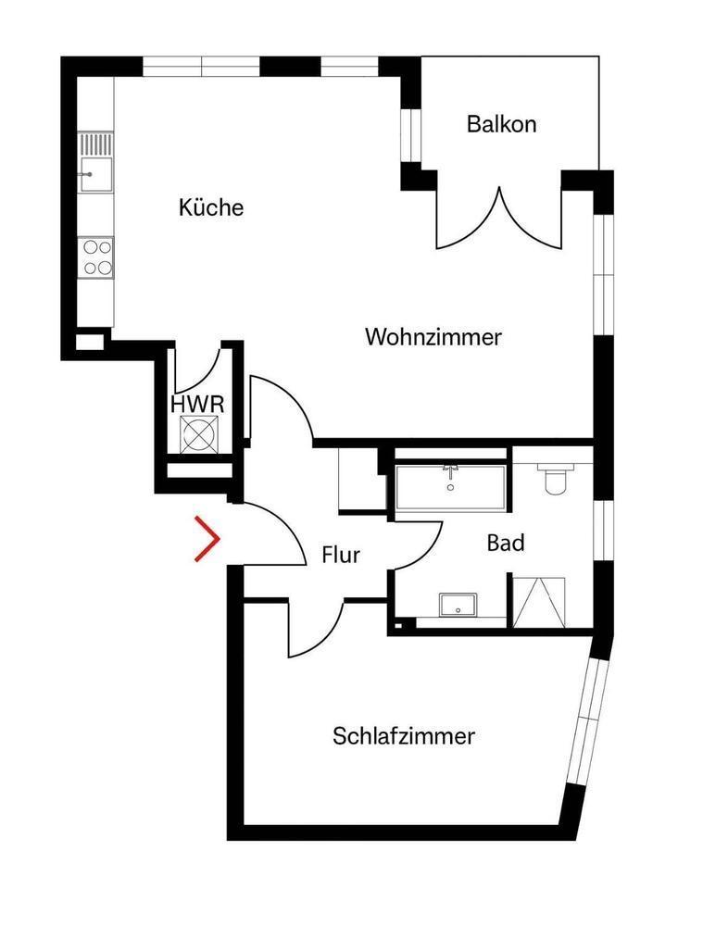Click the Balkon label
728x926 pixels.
click(x=501, y=124)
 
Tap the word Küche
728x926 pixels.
click(x=211, y=207)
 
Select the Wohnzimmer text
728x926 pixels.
click(x=433, y=337)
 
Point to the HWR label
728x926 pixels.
click(x=197, y=405)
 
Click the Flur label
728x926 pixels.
click(x=341, y=555)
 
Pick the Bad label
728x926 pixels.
click(x=506, y=543)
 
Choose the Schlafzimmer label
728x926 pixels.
click(x=404, y=736)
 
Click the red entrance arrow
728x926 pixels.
click(x=208, y=538)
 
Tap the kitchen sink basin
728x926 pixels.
click(x=96, y=174)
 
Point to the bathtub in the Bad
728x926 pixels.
click(x=450, y=488)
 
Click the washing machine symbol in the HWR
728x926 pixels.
click(x=198, y=434)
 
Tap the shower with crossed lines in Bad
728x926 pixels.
click(x=539, y=602)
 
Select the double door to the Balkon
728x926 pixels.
click(x=499, y=218)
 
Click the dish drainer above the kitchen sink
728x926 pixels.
click(x=96, y=144)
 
